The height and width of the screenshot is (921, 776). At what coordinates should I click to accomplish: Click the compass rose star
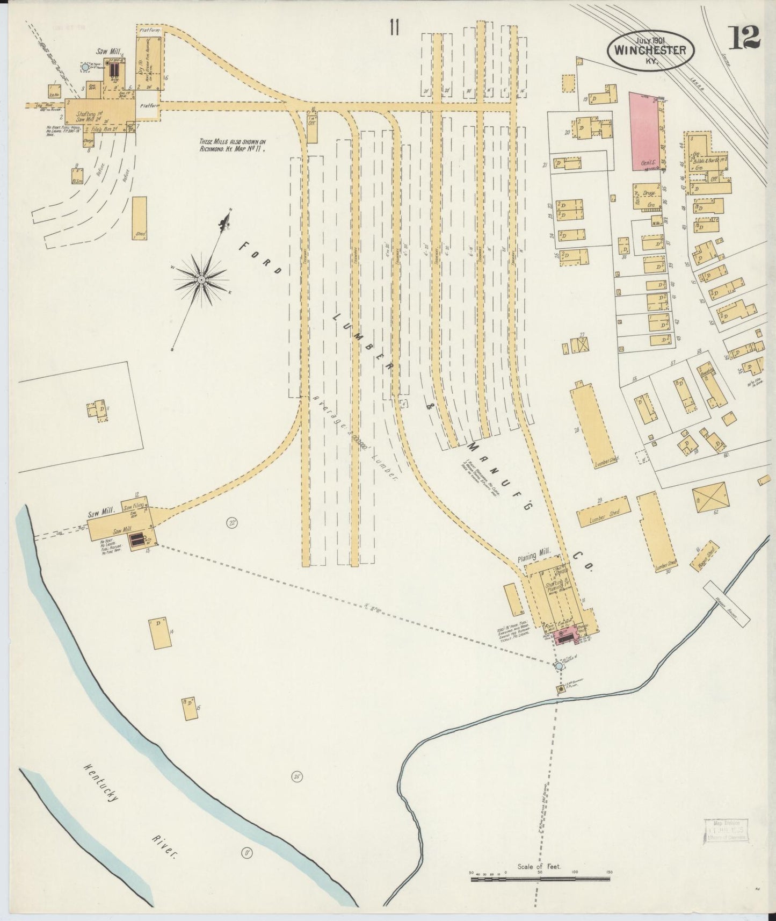[201, 279]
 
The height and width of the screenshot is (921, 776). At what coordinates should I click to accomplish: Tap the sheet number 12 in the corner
[744, 37]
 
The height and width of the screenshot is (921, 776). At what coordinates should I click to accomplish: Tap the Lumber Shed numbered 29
[603, 512]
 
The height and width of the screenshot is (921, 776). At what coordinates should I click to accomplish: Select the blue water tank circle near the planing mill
[559, 666]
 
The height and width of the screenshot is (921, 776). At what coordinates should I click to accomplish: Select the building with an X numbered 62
[710, 497]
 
